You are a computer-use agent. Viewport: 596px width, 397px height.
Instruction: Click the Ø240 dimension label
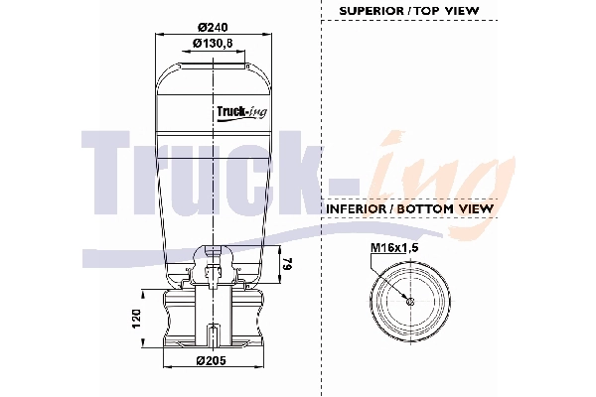[x=213, y=28]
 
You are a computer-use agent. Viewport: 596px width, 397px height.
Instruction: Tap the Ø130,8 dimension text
[x=213, y=44]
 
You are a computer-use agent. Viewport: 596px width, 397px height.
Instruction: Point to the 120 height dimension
[x=136, y=319]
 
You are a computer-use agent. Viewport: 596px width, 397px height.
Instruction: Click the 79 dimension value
[x=288, y=264]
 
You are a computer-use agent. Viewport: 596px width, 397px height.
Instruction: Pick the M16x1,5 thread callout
[x=394, y=248]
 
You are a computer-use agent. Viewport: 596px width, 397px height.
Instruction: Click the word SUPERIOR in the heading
[x=372, y=11]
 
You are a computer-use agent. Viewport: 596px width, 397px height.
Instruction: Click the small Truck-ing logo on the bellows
[x=241, y=112]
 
